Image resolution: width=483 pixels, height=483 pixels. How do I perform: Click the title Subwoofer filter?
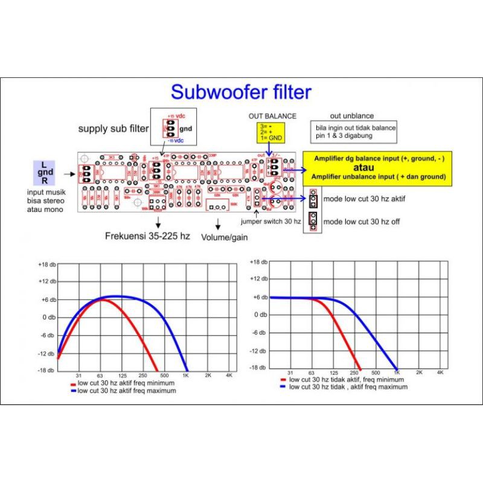pos(241,92)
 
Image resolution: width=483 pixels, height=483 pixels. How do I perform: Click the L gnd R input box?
pos(44,173)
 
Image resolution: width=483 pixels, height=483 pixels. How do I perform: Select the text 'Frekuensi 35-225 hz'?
pos(147,235)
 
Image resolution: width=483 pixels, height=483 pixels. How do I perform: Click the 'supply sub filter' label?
pos(112,129)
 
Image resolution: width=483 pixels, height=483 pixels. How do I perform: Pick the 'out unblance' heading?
pos(352,115)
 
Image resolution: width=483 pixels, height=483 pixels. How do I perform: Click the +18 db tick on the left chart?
pos(47,264)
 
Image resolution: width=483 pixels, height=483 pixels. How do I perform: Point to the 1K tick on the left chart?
pos(186,376)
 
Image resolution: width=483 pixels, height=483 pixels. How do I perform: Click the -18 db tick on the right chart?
pos(258,367)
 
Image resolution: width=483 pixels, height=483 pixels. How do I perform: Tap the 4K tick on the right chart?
pos(441,373)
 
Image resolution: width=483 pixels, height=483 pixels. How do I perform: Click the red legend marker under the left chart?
pos(73,383)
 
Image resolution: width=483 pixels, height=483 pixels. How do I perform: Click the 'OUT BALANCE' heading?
pos(272,115)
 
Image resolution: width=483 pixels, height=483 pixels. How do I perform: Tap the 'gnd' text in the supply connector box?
pos(186,129)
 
